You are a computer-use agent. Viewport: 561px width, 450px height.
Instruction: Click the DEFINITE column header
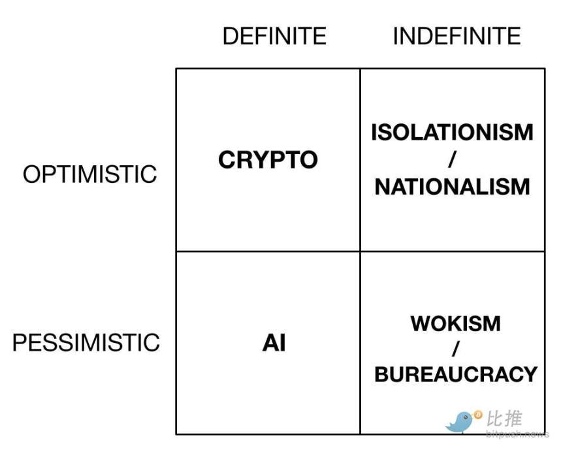(274, 36)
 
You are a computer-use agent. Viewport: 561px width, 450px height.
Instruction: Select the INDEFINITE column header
(457, 36)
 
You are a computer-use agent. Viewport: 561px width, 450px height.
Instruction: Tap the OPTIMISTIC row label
(90, 174)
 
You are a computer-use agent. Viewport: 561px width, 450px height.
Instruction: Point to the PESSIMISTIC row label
(86, 343)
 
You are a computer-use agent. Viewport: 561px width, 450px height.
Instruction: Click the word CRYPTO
(268, 160)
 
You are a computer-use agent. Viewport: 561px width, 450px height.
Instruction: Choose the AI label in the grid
(274, 343)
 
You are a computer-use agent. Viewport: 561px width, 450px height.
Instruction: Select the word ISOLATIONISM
(452, 133)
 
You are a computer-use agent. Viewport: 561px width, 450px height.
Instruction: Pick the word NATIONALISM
(452, 187)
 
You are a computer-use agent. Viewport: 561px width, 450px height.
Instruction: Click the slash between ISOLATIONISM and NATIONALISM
(451, 160)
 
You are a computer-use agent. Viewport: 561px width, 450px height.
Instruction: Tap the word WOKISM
(456, 323)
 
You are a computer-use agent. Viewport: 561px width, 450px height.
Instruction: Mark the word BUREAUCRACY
(456, 374)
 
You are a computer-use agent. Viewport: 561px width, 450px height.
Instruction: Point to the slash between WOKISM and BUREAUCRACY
(455, 349)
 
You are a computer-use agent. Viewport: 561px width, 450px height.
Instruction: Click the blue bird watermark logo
(460, 422)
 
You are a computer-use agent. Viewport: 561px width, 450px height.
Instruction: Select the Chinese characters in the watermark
(505, 419)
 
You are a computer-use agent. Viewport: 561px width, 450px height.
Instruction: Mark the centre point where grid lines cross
(360, 251)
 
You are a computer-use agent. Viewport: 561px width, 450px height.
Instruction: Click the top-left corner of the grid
(176, 69)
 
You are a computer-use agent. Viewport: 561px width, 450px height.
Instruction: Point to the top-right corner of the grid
(545, 69)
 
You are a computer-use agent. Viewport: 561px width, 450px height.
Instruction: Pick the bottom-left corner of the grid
(176, 434)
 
